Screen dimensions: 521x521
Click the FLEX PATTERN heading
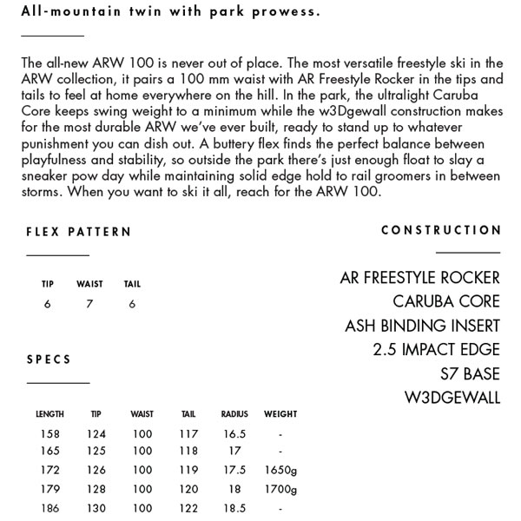[x=79, y=232]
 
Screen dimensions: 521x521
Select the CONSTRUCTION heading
[x=441, y=230]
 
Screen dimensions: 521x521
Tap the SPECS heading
[x=49, y=359]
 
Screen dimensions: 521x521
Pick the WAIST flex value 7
[x=89, y=304]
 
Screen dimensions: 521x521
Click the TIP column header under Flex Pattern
[x=48, y=284]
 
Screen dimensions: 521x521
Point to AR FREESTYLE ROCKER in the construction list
[x=419, y=278]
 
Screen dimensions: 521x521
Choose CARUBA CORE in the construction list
[x=446, y=302]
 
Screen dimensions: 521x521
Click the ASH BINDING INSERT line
[x=422, y=326]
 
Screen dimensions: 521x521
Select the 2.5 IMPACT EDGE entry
[x=436, y=350]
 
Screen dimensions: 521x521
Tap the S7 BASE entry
[x=469, y=374]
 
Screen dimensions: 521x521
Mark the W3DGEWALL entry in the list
[x=452, y=399]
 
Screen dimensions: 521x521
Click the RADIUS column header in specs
[x=234, y=414]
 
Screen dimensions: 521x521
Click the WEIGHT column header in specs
[x=280, y=414]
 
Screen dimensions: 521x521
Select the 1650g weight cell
[x=280, y=470]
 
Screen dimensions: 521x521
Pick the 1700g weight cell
[x=280, y=489]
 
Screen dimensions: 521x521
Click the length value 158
[x=49, y=433]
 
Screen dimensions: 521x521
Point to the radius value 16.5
[x=234, y=433]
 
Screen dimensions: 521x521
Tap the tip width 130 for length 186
[x=96, y=508]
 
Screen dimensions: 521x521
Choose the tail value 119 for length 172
[x=189, y=470]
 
